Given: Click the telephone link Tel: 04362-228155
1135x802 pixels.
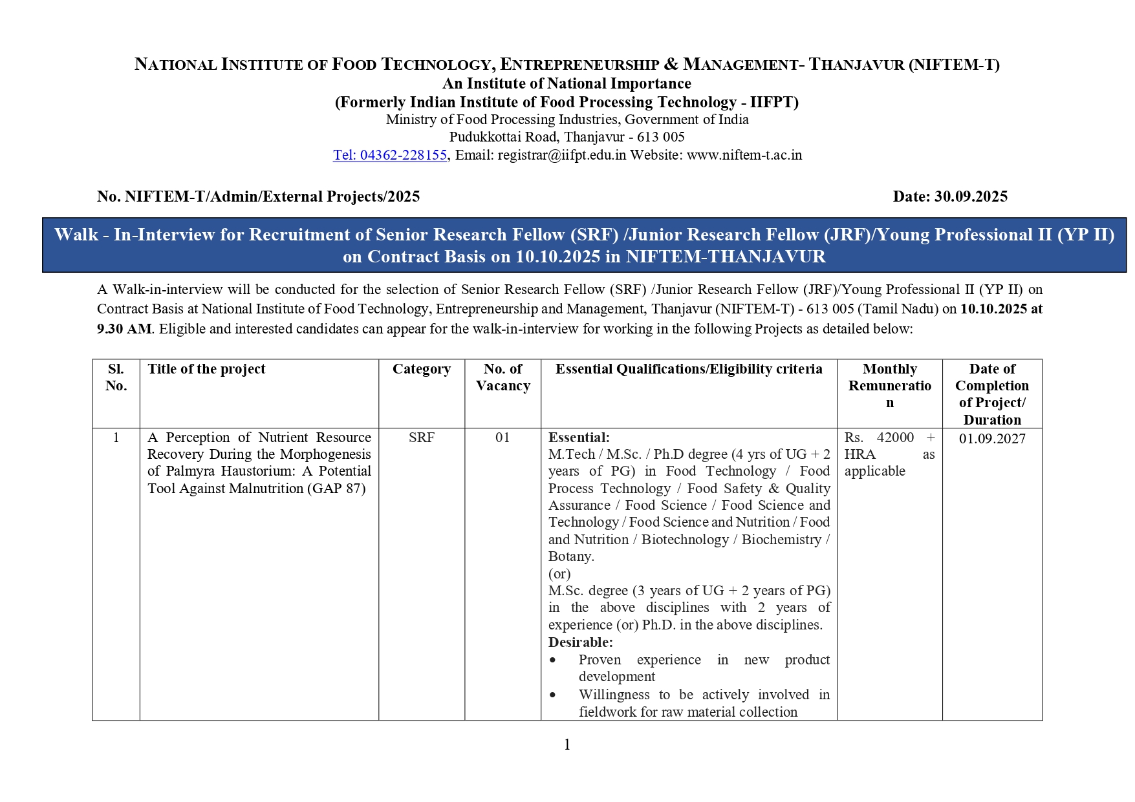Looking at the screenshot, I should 389,155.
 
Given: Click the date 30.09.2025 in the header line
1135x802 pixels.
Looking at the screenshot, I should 970,196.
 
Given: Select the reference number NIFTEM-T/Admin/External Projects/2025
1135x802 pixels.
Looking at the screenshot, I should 272,196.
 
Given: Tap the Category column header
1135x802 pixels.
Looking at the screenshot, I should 422,369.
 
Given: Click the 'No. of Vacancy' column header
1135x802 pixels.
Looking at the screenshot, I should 503,377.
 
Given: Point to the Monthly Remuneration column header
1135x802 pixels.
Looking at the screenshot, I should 889,386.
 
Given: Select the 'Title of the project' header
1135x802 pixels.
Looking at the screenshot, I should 206,369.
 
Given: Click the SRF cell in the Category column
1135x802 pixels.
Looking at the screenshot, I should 422,438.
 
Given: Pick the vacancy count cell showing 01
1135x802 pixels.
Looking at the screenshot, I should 503,438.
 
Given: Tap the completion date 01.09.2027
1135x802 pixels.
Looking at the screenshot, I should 992,439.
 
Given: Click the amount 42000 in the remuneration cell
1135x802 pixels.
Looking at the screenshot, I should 895,438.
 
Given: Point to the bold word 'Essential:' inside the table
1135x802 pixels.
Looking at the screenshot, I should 579,438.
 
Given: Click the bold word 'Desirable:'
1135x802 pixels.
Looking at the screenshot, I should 580,642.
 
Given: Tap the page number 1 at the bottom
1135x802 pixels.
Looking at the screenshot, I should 567,744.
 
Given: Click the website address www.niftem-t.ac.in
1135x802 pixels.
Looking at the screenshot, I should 744,155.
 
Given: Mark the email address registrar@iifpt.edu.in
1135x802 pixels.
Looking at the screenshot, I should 561,155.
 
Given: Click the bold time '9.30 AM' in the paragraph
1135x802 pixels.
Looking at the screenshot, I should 124,329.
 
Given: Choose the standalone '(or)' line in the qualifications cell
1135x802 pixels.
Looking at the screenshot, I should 559,574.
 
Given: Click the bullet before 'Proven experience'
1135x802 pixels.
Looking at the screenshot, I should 552,660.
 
